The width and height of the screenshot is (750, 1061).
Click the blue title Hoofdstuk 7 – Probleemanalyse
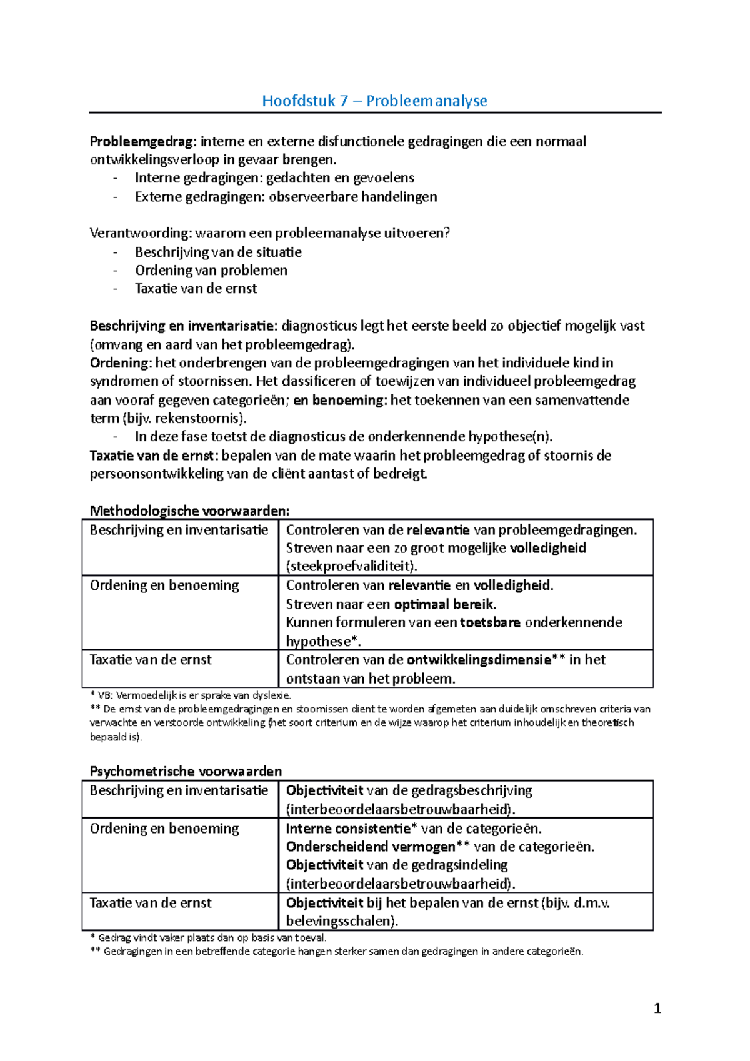tap(374, 101)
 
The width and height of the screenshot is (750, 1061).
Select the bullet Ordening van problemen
tap(211, 271)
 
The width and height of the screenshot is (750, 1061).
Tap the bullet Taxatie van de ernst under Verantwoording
tap(196, 289)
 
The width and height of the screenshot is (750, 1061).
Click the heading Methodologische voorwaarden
tap(189, 511)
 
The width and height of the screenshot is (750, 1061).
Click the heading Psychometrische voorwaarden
tap(186, 771)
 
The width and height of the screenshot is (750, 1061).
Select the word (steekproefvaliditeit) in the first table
tap(351, 567)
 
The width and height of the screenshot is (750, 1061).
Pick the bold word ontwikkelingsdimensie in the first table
tap(479, 660)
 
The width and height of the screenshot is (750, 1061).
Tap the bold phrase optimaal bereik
tap(444, 604)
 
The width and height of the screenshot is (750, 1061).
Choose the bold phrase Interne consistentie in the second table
tap(347, 829)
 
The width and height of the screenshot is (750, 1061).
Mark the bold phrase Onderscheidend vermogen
tap(371, 847)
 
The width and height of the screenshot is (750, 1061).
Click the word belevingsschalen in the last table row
tap(340, 921)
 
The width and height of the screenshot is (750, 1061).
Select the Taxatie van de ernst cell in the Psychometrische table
tap(151, 903)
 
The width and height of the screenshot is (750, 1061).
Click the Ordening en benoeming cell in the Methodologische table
tap(164, 585)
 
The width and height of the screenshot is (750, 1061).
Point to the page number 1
tap(657, 1008)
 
